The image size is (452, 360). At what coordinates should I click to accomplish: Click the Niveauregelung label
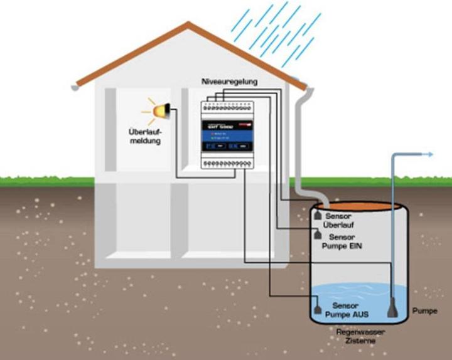(229, 82)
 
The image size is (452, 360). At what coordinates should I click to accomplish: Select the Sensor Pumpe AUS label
(342, 308)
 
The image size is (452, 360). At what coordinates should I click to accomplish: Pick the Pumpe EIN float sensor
(318, 235)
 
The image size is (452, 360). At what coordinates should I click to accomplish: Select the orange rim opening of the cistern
(355, 206)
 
